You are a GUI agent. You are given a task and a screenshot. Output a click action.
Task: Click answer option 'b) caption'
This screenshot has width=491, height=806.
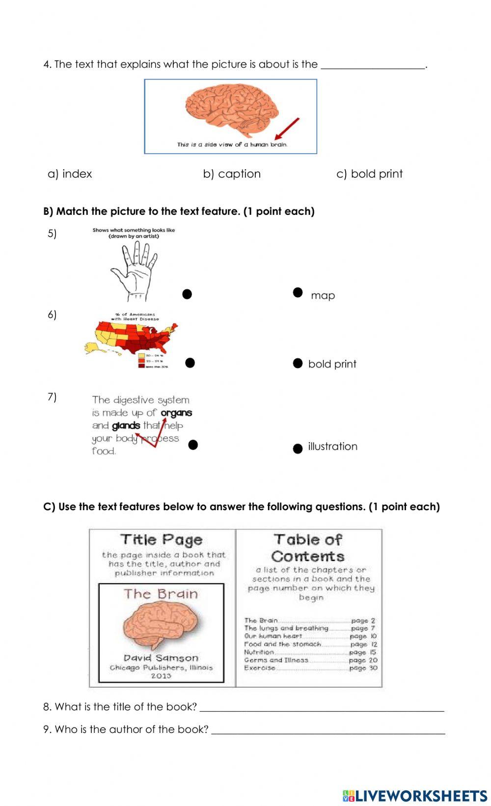232,174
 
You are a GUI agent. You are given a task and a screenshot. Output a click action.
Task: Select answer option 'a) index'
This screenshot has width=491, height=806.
70,174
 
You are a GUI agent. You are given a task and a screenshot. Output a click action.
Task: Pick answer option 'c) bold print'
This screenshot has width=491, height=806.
369,174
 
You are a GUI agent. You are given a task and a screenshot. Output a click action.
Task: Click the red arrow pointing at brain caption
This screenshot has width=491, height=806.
287,129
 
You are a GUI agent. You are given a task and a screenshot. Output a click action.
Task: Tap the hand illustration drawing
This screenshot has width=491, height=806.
134,270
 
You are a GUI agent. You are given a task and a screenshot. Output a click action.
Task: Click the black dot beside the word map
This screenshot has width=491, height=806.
298,292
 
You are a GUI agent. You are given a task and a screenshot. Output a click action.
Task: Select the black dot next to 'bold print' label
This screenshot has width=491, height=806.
298,363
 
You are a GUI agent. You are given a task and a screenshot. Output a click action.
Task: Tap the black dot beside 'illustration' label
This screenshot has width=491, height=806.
298,449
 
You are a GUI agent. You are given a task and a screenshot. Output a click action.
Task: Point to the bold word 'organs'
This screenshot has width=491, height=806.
176,413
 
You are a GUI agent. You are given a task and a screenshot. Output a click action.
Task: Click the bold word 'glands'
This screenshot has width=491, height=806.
126,426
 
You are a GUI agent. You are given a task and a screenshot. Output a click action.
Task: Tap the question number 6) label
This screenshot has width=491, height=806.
52,314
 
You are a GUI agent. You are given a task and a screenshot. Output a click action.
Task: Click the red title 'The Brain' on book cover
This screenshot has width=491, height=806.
161,594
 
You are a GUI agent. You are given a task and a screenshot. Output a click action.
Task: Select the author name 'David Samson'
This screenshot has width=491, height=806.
161,658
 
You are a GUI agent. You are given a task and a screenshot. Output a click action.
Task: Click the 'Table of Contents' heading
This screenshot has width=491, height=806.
308,547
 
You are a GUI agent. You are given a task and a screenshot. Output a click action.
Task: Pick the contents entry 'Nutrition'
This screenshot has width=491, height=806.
259,652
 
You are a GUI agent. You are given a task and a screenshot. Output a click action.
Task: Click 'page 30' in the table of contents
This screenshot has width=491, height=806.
363,668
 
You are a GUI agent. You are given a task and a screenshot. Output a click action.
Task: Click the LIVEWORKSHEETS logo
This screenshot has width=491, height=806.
415,795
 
